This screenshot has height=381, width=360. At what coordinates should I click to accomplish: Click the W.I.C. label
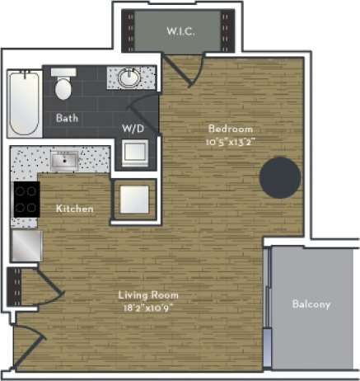[179, 31]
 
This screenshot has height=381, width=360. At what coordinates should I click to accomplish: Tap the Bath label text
[67, 118]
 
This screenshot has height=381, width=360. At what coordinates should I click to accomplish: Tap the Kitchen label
[74, 209]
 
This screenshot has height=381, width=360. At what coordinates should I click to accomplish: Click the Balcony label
[311, 304]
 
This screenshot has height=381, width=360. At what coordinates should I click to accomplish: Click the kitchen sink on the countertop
[64, 158]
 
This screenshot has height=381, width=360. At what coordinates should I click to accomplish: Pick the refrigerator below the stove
[26, 246]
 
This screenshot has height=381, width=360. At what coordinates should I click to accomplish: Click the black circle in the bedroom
[280, 176]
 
